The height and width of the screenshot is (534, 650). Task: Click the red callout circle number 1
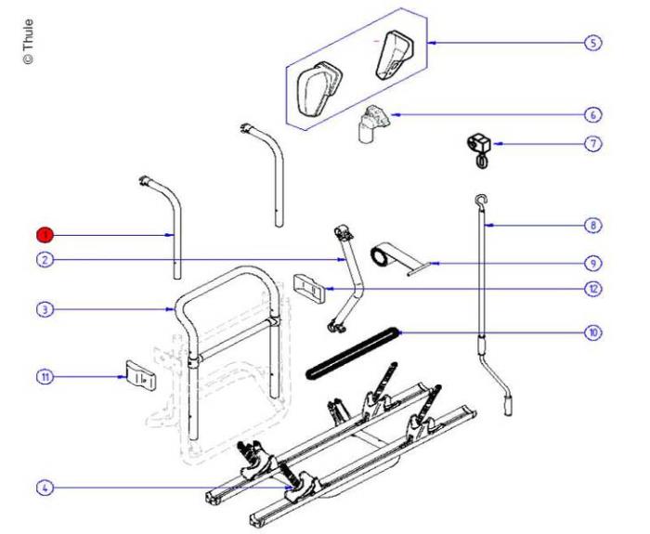coord(43,235)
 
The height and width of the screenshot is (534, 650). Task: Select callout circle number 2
coord(43,260)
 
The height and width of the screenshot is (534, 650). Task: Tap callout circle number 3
coord(43,308)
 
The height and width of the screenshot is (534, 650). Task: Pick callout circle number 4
coord(43,487)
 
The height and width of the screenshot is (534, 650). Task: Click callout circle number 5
coord(592,44)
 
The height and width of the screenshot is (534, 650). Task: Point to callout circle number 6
coord(592,115)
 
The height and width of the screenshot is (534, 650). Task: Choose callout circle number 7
coord(592,144)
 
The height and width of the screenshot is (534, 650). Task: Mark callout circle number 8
coord(592,225)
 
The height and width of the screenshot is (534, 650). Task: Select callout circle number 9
coord(592,263)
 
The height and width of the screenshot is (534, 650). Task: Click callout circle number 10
coord(592,332)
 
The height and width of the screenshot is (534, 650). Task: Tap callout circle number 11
coord(43,376)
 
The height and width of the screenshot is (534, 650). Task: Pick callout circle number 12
coord(592,289)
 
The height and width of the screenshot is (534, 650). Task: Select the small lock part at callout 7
coord(480,149)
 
